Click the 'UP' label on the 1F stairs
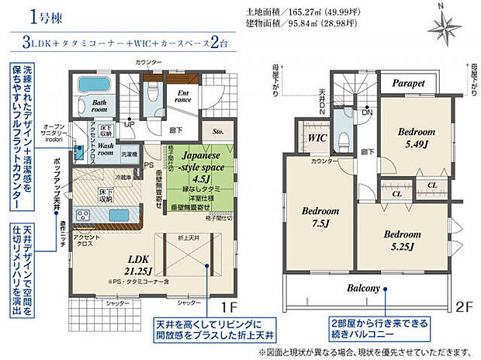tap(129, 123)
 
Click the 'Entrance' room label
tap(183, 95)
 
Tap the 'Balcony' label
tap(363, 289)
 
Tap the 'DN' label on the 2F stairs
tap(367, 112)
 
